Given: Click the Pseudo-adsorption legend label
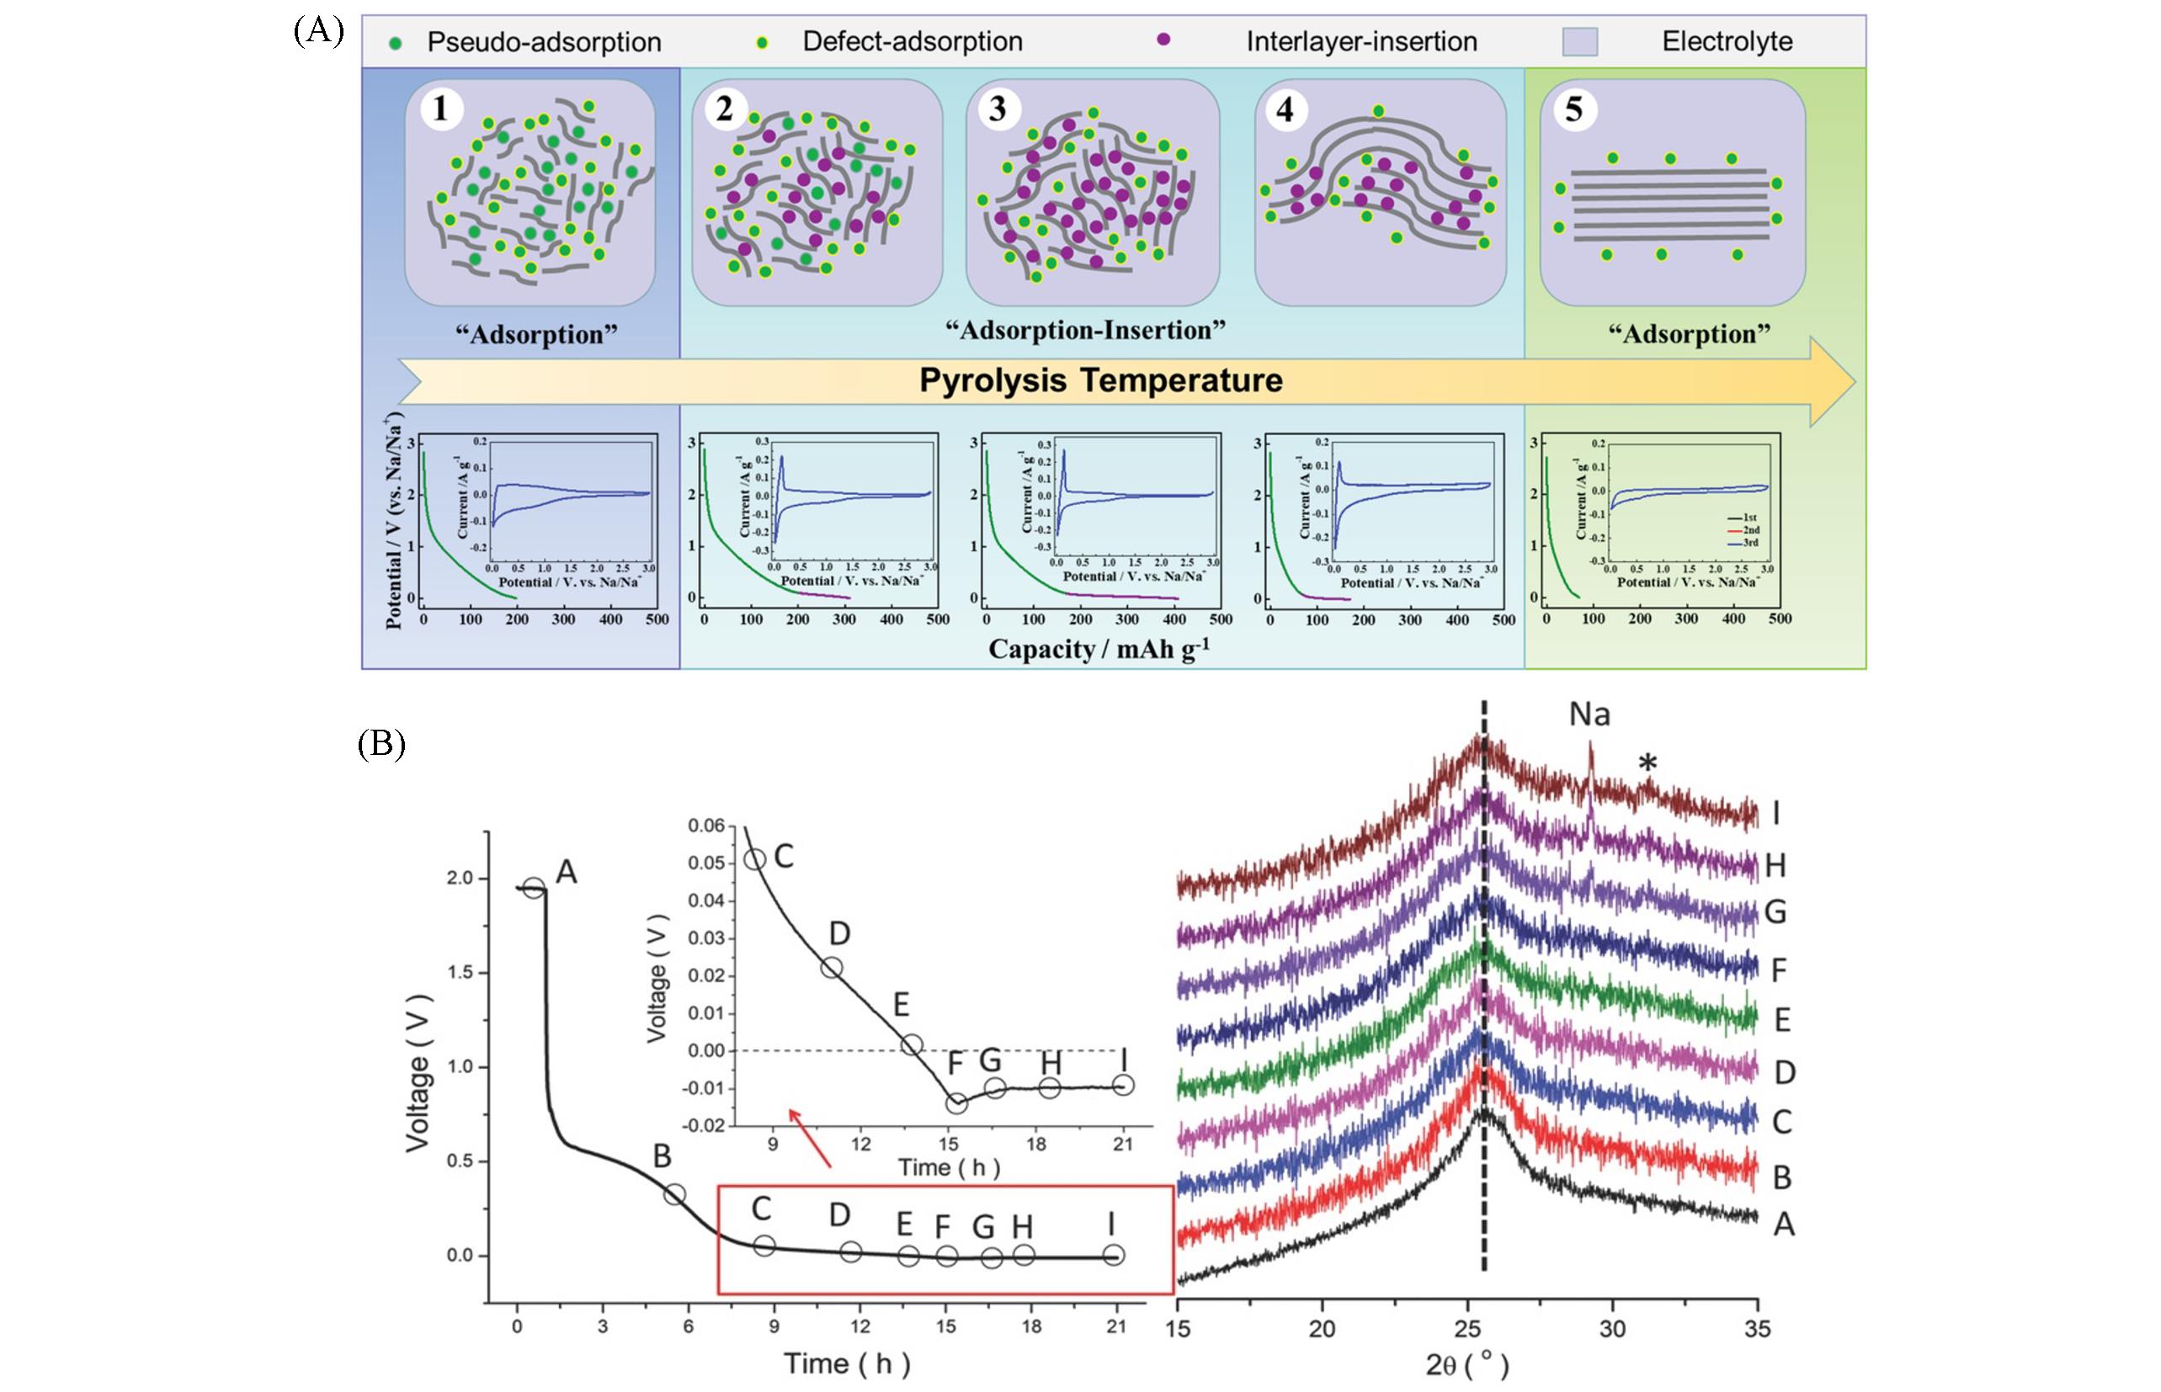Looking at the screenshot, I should tap(544, 42).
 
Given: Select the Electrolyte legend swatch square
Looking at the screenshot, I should tap(1579, 41).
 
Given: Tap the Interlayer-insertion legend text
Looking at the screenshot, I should tap(1360, 41).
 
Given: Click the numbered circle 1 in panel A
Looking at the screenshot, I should tap(441, 109).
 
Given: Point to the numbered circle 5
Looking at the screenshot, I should tap(1574, 109).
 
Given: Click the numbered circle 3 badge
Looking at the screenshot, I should tap(998, 109).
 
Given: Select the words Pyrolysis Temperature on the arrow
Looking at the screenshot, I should tap(1100, 380).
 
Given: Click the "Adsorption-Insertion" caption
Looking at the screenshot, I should tap(1085, 330).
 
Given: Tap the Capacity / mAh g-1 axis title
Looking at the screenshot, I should tap(1099, 649).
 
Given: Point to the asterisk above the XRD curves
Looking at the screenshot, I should tap(1647, 765).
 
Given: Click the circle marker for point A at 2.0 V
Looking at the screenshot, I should tap(535, 889).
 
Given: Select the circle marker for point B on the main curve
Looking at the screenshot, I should tap(674, 1194).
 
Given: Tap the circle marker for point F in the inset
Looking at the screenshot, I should tap(956, 1102).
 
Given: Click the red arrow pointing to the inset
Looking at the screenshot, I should tap(809, 1138).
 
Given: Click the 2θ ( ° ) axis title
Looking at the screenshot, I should tap(1466, 1364).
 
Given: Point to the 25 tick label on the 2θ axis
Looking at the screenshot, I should tap(1466, 1328).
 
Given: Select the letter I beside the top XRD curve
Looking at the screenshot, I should tap(1775, 815).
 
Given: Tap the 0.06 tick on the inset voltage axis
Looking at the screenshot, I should tap(705, 826).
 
